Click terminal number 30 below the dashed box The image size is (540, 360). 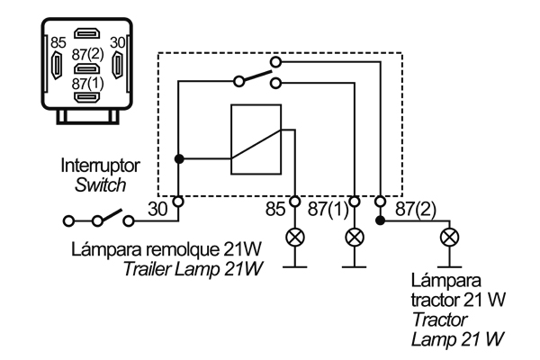158,210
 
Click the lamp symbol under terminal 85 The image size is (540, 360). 294,238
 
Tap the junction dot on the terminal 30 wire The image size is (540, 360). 179,158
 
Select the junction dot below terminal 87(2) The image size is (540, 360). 382,220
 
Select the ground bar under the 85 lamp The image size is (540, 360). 294,267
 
